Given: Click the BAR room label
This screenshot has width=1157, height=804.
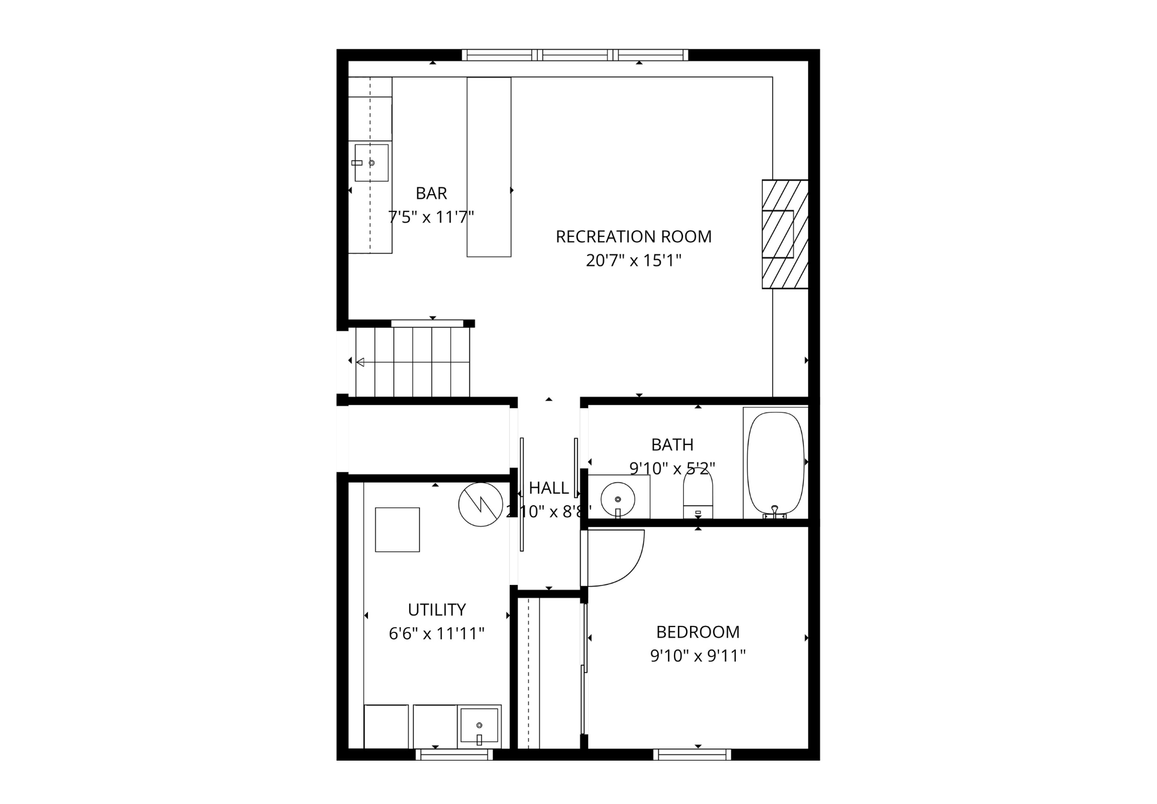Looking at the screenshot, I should point(431,193).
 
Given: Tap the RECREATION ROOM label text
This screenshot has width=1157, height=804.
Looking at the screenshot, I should point(633,236).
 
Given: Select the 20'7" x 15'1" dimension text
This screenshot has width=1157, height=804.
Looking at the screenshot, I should point(633,261).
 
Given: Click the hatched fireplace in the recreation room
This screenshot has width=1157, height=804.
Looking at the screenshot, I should point(784,234).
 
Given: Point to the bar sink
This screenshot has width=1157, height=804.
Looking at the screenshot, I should point(371,163).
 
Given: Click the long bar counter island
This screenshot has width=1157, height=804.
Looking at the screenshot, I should point(489,167).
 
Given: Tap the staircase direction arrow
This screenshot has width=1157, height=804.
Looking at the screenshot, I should point(360,362).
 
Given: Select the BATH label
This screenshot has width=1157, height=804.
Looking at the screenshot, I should point(672,444).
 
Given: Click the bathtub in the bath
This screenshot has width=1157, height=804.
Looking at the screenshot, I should point(775,462).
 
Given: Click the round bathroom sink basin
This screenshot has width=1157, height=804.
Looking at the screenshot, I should point(618,498).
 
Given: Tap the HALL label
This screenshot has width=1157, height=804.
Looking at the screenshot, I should point(548,488).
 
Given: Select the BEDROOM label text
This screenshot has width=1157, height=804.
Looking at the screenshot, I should point(698,632).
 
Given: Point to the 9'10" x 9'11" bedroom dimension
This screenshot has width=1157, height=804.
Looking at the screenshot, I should point(698,656).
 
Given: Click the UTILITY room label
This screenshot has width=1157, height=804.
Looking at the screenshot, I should point(436,610).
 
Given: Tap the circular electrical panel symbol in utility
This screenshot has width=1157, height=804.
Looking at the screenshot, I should point(480,505).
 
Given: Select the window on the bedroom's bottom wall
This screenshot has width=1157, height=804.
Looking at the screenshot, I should point(692,754).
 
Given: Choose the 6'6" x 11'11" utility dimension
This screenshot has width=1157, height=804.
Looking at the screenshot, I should point(436,634).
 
